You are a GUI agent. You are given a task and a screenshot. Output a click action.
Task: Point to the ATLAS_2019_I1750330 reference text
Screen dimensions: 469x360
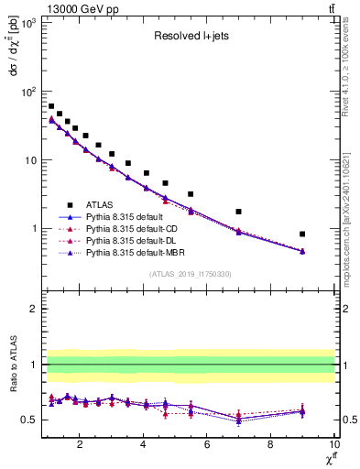tap(190, 273)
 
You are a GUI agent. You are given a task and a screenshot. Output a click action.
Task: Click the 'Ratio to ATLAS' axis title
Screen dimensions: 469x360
tap(12, 365)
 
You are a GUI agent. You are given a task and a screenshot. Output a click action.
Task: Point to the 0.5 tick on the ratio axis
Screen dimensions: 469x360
tap(29, 420)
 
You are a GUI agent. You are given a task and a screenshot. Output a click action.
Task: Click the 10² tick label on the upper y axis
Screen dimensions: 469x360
tap(27, 92)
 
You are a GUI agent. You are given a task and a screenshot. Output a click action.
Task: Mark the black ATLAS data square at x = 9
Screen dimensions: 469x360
tap(302, 234)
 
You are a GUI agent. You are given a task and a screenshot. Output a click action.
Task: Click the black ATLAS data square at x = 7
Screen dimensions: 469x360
tap(239, 212)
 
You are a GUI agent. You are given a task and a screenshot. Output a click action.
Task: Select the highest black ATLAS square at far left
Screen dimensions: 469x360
tap(51, 106)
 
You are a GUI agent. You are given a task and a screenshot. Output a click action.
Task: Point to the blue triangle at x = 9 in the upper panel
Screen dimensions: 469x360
tap(302, 251)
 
